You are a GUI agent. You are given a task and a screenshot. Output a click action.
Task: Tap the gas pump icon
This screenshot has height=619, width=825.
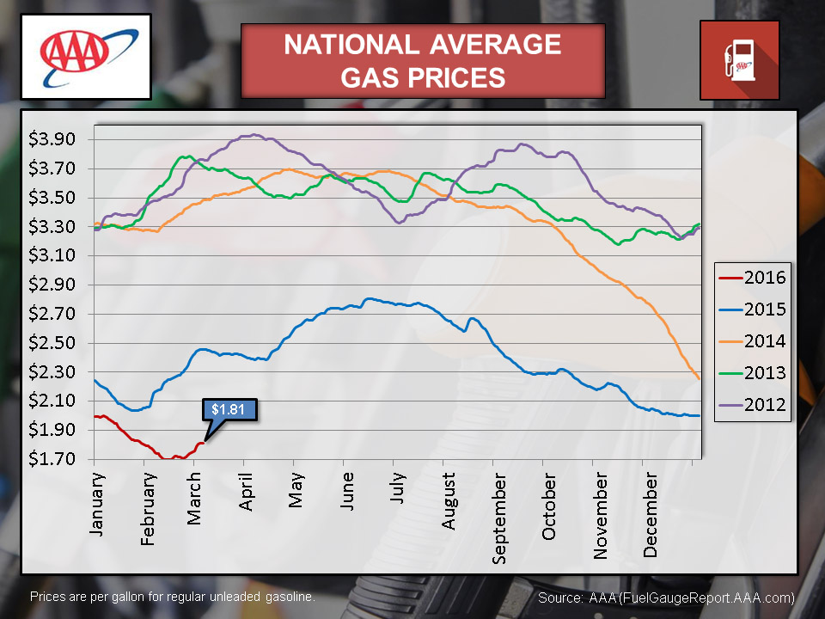click(739, 60)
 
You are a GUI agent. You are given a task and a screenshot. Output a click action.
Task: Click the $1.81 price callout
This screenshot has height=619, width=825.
click(229, 408)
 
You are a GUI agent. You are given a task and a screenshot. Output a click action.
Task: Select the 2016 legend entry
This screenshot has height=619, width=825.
click(751, 277)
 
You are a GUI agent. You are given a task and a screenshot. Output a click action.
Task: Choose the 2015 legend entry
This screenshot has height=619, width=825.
click(751, 309)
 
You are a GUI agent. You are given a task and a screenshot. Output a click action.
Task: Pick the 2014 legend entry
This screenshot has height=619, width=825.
click(751, 341)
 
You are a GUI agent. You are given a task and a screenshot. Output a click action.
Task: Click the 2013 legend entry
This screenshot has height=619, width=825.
click(751, 373)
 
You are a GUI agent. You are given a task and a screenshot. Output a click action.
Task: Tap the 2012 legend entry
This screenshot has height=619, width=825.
click(751, 405)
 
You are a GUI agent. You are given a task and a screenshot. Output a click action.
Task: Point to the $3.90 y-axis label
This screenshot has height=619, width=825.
click(53, 139)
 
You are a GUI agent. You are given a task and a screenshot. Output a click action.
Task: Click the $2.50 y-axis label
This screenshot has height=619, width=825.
click(53, 343)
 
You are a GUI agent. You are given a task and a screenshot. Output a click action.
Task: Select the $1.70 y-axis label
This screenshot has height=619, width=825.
click(53, 459)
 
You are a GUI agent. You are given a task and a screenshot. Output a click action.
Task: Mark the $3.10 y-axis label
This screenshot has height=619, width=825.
click(53, 255)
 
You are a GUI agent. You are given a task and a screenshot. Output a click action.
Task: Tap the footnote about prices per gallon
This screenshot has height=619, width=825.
click(173, 596)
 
